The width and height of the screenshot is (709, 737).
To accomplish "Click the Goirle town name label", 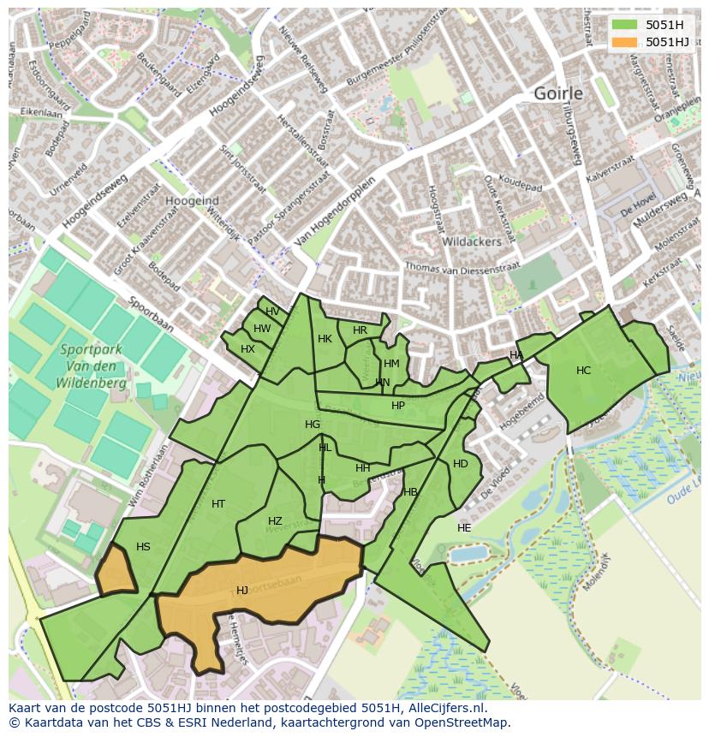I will (x=557, y=93).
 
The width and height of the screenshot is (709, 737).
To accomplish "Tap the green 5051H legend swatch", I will (x=625, y=26).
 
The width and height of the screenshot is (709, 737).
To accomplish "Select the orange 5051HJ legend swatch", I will (x=625, y=42).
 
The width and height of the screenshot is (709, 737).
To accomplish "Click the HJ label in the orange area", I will (x=242, y=591).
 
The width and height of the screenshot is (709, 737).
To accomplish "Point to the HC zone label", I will (x=583, y=371).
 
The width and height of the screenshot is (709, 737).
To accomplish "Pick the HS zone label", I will (x=143, y=547).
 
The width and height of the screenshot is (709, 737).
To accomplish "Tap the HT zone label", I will (x=218, y=504).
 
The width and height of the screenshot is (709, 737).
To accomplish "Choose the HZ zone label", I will (x=275, y=521).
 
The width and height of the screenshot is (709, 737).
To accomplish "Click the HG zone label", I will (x=313, y=425).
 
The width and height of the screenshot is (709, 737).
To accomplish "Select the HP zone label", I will (x=398, y=406).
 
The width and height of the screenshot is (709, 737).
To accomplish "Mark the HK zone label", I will (x=325, y=339).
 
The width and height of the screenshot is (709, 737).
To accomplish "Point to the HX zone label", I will (x=247, y=349).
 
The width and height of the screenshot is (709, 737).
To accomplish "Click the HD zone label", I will (x=461, y=464).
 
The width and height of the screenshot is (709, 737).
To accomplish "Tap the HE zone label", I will (x=464, y=528).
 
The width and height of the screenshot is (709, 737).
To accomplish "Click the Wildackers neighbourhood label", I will (x=471, y=242).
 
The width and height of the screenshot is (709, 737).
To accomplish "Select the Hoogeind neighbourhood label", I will (x=192, y=200).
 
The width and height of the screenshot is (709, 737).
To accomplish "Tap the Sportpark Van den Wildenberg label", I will (x=92, y=366).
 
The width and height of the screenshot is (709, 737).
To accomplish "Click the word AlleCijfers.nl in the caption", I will (x=445, y=709).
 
